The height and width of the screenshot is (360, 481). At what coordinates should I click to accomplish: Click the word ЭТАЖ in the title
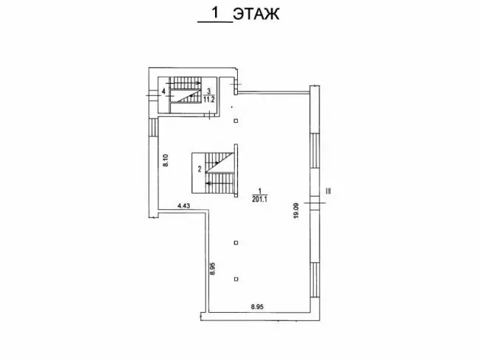click(x=256, y=14)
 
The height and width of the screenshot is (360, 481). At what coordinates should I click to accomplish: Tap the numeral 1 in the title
click(x=216, y=13)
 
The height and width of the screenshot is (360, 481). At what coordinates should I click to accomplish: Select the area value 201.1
click(x=259, y=200)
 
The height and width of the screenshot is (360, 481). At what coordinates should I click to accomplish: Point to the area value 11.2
click(x=209, y=99)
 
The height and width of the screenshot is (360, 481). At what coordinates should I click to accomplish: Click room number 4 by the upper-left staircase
click(x=164, y=91)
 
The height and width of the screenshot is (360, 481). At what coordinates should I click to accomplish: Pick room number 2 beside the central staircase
click(x=200, y=169)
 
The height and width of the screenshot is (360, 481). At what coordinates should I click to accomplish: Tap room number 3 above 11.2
click(x=209, y=91)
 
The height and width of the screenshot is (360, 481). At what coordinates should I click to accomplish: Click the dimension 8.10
click(x=166, y=160)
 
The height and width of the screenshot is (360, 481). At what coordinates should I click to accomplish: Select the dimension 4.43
click(x=184, y=206)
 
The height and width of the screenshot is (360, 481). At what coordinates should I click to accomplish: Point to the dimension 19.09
click(x=296, y=211)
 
